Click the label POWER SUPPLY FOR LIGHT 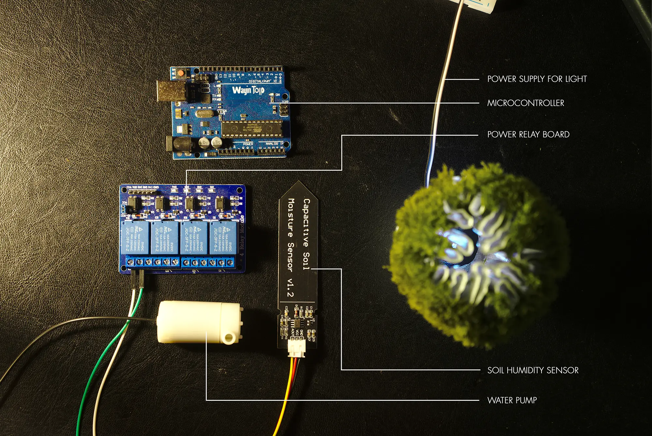coord(537,79)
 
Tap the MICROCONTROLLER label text coord(526,103)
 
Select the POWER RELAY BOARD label coord(528,134)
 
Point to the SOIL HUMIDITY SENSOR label coord(533,370)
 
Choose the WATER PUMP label coord(512,400)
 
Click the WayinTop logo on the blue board coord(248,90)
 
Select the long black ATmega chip coord(252,129)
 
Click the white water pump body coord(192,322)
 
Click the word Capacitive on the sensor coord(306,223)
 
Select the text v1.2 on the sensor coord(290,288)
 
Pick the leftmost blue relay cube coord(135,238)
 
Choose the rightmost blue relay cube coord(223,238)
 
